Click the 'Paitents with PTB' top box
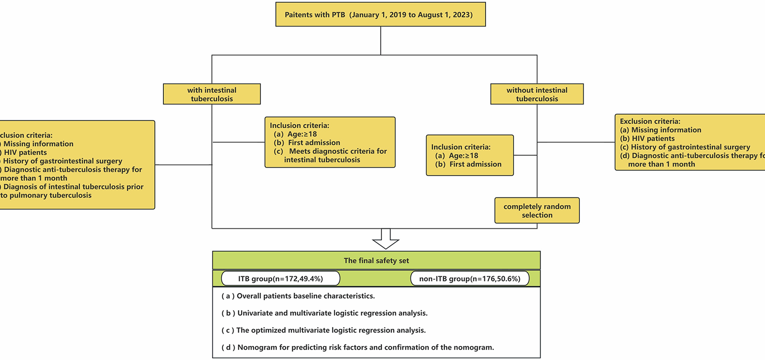coord(380,15)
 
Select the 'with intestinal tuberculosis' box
coord(212,94)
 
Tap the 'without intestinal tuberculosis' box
coord(537,94)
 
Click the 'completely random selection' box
coord(537,211)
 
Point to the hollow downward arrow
coord(385,239)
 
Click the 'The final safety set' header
coord(376,260)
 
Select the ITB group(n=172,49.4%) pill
coord(280,279)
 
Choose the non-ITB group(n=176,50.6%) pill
coord(469,279)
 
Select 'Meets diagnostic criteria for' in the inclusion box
coord(337,151)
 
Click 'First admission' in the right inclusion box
coord(475,164)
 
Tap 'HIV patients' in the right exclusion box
coord(653,139)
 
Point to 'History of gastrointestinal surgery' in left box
coord(63,161)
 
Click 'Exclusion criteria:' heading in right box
coord(650,121)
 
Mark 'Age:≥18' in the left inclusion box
coord(302,134)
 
